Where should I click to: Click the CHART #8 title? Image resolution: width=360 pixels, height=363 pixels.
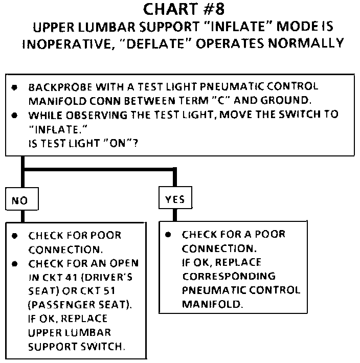180,10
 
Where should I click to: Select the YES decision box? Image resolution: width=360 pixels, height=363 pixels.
174,200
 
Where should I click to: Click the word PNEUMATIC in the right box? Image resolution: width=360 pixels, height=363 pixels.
208,290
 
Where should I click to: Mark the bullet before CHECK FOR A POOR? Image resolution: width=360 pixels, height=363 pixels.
168,235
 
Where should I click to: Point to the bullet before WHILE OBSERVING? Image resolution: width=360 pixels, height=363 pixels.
16,114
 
